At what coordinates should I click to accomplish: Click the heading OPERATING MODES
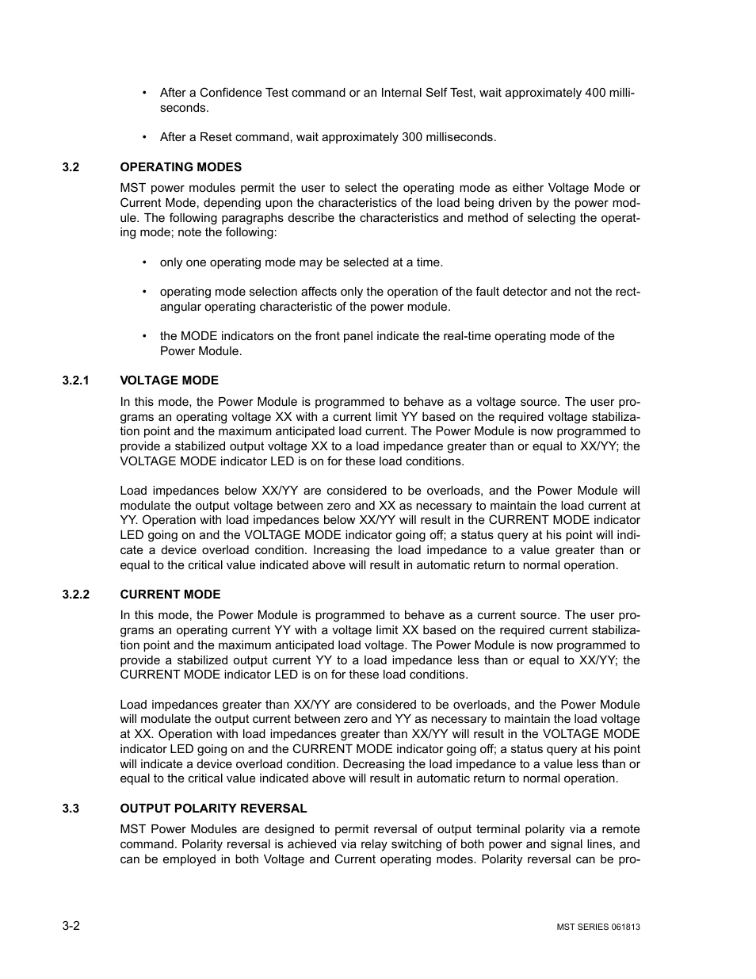coord(181,167)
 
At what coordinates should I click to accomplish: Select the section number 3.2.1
coord(76,381)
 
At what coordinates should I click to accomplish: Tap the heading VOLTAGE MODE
coord(169,381)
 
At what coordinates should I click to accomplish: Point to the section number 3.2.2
coord(76,595)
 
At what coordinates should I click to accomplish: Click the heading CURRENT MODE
coord(170,595)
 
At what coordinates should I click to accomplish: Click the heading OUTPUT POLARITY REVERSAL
coord(213,809)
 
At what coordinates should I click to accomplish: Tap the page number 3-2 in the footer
coord(71,926)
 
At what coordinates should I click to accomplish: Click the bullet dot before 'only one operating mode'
coord(144,262)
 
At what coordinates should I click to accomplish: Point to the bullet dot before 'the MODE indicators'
coord(144,336)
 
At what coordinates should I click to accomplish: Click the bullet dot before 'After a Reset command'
coord(144,137)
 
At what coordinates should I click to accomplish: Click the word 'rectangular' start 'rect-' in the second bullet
coord(628,292)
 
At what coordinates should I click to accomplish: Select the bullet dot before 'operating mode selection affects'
coord(144,292)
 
